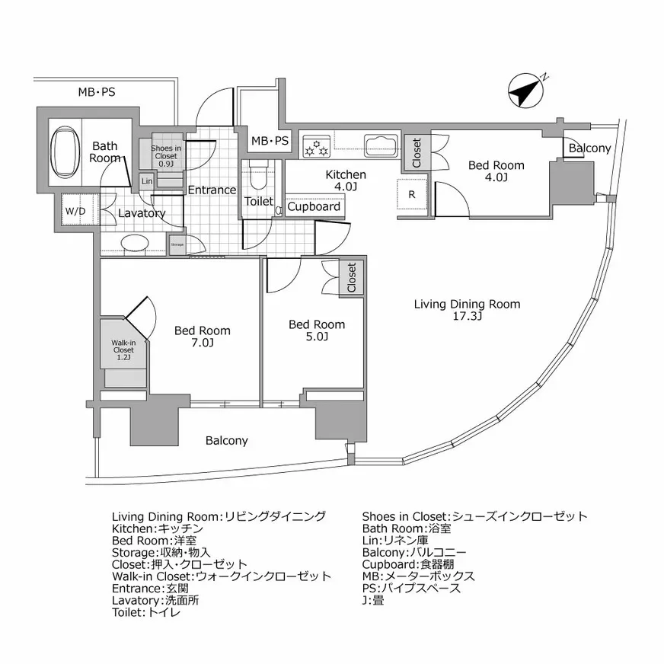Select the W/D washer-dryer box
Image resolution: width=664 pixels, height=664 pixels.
tap(75, 211)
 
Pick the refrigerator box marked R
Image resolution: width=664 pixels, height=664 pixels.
tap(412, 195)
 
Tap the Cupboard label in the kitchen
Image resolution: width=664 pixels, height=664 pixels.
tap(314, 206)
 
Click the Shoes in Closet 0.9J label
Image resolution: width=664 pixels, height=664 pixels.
tap(166, 155)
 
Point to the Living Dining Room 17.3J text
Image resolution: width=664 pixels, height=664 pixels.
tap(467, 310)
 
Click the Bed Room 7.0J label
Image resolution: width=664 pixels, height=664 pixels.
tap(202, 337)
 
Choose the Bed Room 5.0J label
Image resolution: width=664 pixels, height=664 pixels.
tap(316, 330)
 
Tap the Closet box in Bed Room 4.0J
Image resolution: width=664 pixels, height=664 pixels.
tap(417, 153)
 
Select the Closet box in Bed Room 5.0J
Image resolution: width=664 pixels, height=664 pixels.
tap(351, 278)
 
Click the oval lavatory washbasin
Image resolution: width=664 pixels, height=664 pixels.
tap(135, 243)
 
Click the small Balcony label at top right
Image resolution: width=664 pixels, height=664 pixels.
tap(589, 148)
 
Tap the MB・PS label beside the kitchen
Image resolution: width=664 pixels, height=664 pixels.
tap(270, 141)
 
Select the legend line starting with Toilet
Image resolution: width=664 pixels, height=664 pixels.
tap(146, 612)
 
